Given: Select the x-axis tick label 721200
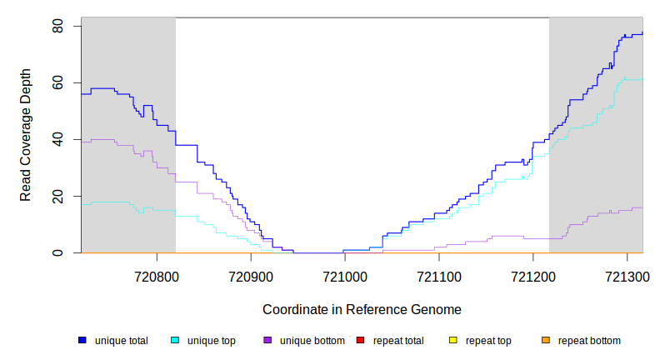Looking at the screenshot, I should coord(532,275).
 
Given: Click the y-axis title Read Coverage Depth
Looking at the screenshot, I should coord(26,140).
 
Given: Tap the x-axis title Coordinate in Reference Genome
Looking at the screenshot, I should coord(362,309).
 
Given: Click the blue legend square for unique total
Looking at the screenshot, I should coord(82,341).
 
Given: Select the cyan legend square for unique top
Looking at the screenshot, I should coord(175,341).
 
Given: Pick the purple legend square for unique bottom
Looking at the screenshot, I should coord(267,341).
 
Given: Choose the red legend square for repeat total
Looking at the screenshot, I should coord(361,341).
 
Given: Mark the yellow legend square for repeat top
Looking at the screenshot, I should coord(453,341).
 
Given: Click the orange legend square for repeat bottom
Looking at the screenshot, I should coord(546,341).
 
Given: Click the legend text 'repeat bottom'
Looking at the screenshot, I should coord(589,341).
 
